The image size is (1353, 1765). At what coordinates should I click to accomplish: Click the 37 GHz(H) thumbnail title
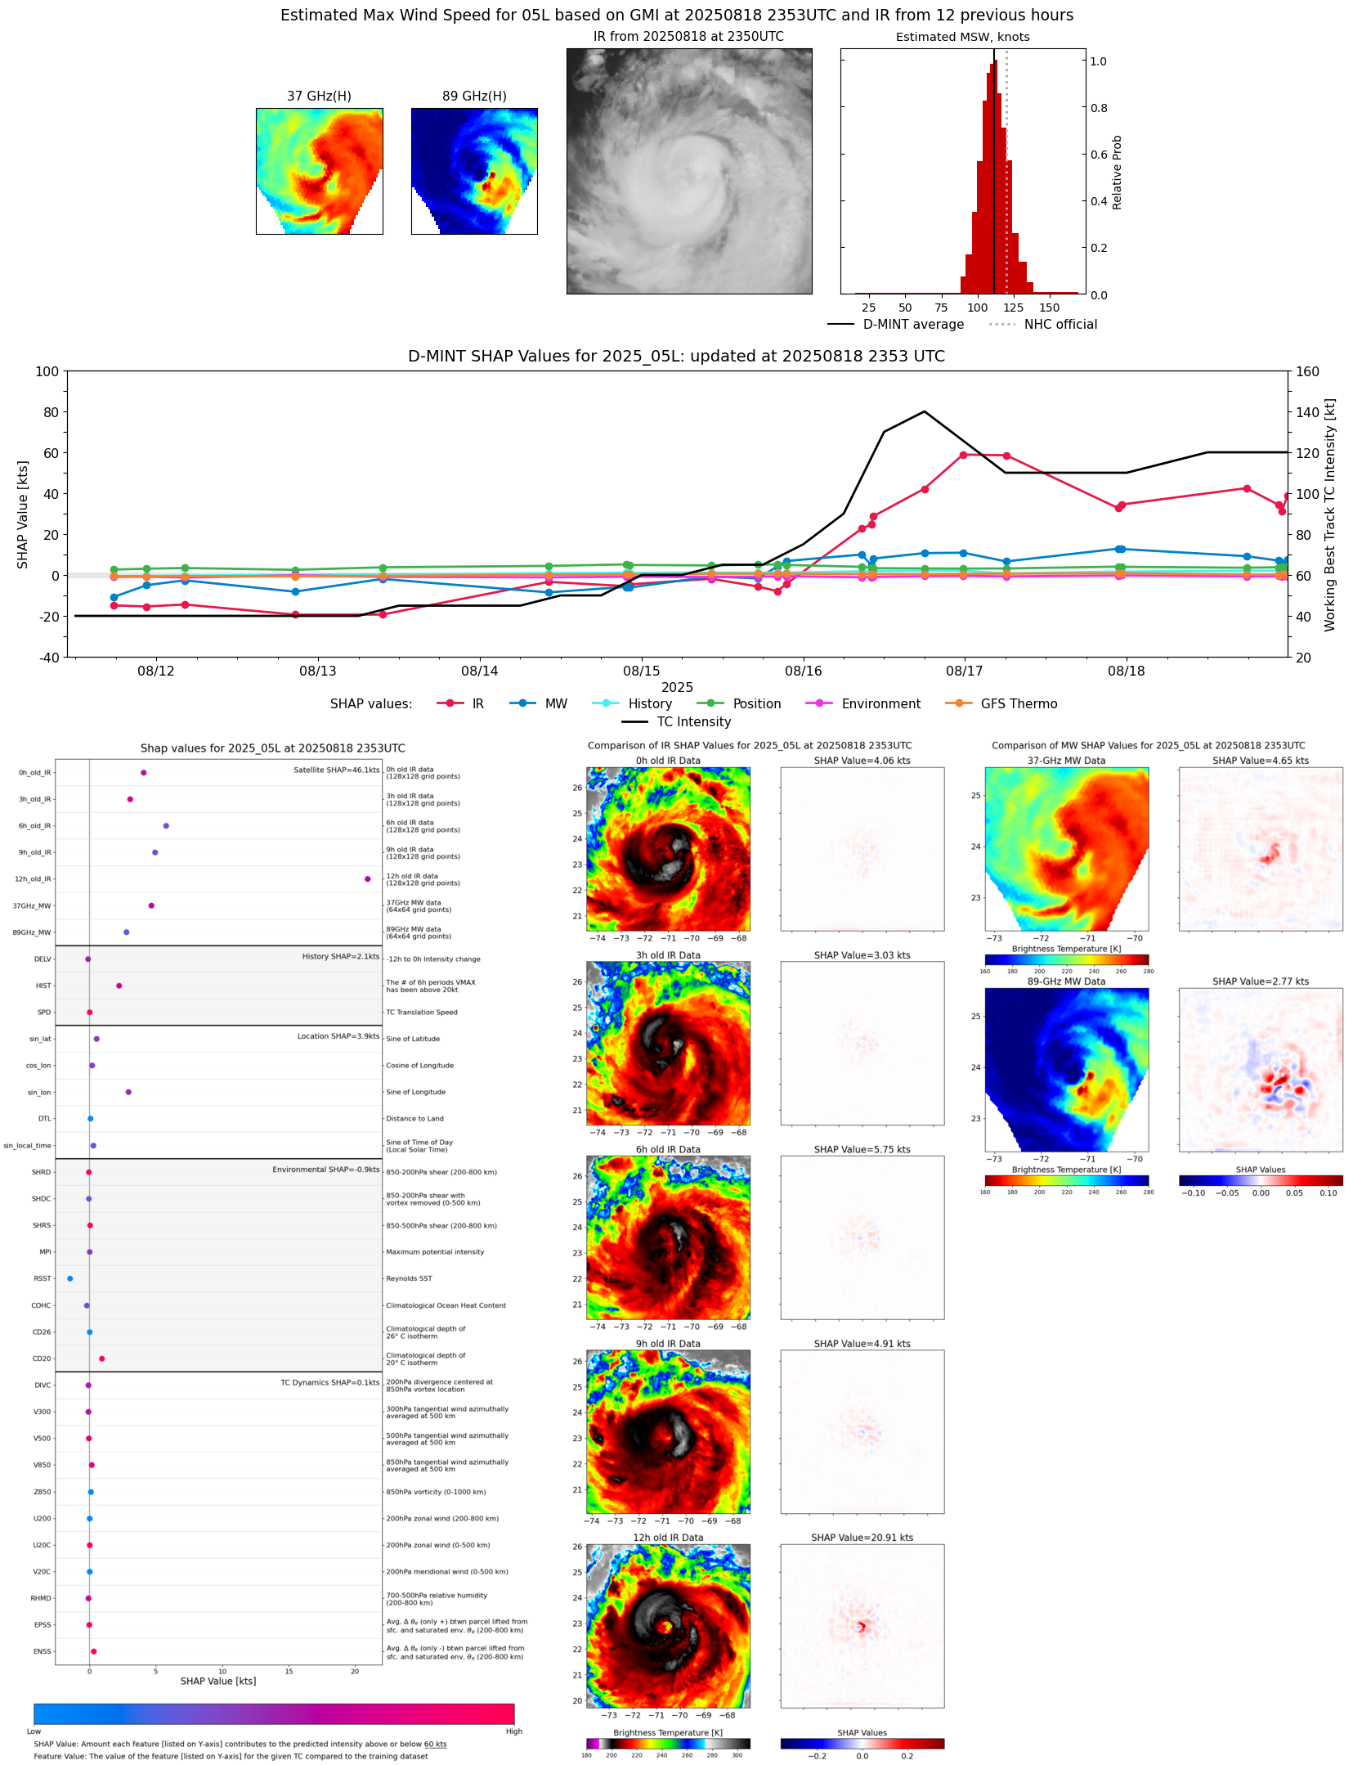[x=319, y=97]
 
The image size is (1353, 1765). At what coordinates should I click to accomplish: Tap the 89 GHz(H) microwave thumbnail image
[x=474, y=171]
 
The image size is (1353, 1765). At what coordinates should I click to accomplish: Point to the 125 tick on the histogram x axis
[x=1013, y=308]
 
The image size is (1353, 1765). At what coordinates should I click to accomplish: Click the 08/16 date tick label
[x=803, y=671]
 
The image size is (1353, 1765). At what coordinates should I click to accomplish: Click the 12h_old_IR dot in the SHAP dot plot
[x=368, y=879]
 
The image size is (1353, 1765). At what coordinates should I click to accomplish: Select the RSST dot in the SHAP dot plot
[x=70, y=1278]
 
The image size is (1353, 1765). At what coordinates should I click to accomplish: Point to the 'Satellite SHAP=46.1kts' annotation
[x=336, y=770]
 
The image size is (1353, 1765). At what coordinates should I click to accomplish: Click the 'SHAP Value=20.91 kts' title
[x=862, y=1538]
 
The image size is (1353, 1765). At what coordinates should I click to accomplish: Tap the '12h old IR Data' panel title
[x=668, y=1538]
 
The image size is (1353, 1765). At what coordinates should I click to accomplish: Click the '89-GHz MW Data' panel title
[x=1066, y=981]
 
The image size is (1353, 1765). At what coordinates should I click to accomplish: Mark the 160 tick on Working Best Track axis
[x=1307, y=371]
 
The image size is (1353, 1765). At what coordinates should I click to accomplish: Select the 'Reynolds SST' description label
[x=409, y=1278]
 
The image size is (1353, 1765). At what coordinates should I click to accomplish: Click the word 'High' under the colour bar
[x=513, y=1731]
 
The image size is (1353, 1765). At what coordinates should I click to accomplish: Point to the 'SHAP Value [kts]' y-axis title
[x=23, y=514]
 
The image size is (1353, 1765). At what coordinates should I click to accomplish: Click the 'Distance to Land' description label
[x=414, y=1119]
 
